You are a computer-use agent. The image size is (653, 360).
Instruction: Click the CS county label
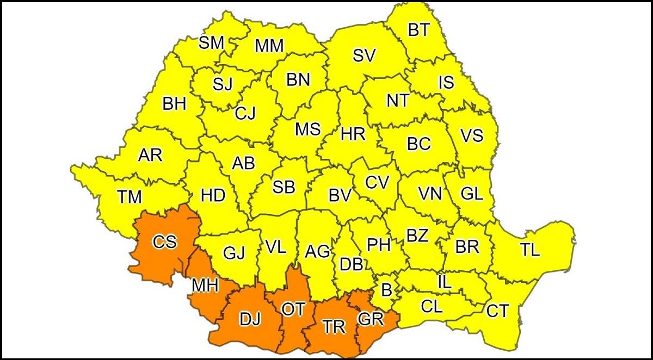point(164,241)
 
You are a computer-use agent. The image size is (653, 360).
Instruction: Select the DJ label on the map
point(250,318)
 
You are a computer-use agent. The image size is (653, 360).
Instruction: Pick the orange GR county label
point(371,319)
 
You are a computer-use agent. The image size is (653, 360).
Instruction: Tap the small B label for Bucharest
point(386,290)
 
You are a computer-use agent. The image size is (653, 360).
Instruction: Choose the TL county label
point(529,250)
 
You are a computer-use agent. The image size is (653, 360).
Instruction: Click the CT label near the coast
point(497,311)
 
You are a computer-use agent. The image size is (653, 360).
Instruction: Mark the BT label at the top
point(418,30)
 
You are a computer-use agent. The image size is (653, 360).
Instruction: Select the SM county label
point(211,43)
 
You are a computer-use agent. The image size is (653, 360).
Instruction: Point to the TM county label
point(130,196)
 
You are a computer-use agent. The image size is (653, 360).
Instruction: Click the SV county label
point(364,56)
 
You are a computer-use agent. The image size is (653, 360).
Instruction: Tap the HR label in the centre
point(353,134)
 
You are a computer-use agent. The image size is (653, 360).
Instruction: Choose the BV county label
point(341,196)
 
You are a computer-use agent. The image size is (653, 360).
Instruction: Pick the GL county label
point(471,194)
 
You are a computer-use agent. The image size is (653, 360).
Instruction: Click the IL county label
point(444,282)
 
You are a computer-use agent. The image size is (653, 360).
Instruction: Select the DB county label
point(351,265)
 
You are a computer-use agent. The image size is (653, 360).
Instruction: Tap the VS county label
point(471,135)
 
